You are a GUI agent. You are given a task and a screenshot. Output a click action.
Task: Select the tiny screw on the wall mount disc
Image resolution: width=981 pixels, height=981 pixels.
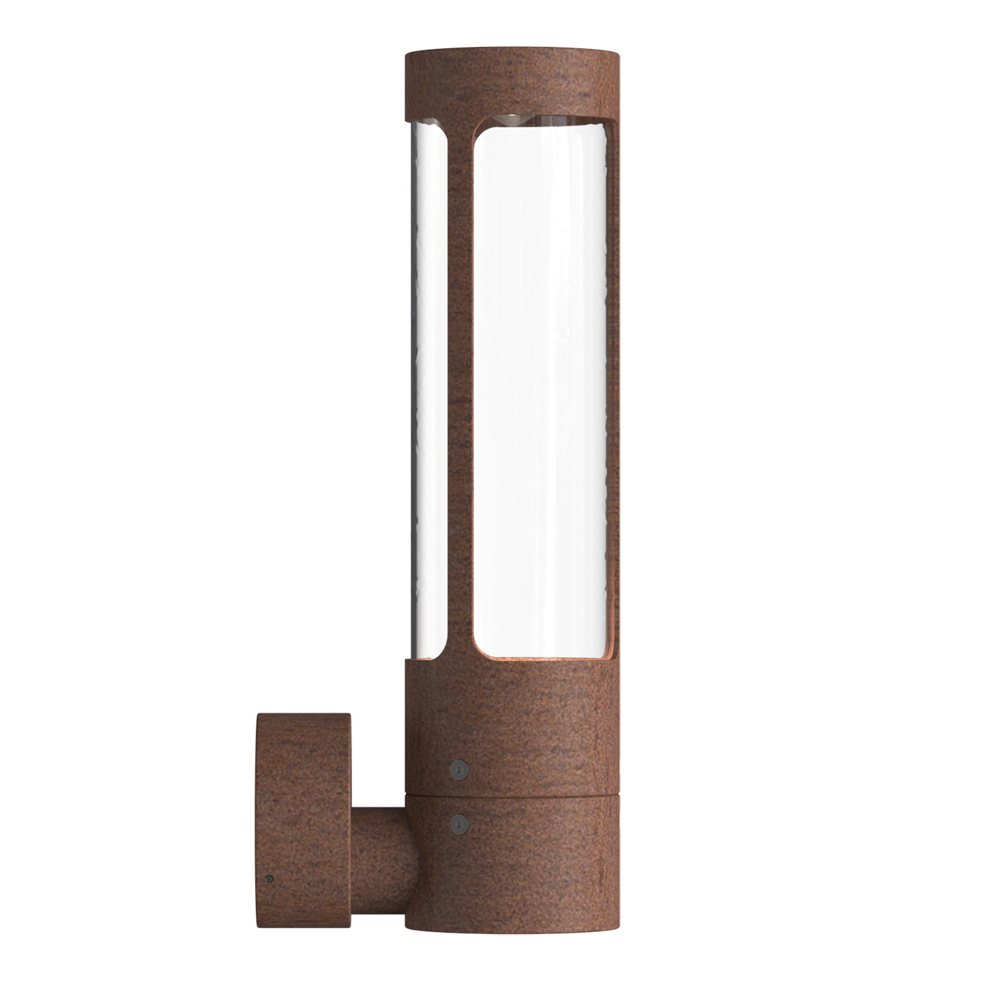270,879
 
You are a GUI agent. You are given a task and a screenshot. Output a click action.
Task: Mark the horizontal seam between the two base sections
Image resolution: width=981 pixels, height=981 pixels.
512,794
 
